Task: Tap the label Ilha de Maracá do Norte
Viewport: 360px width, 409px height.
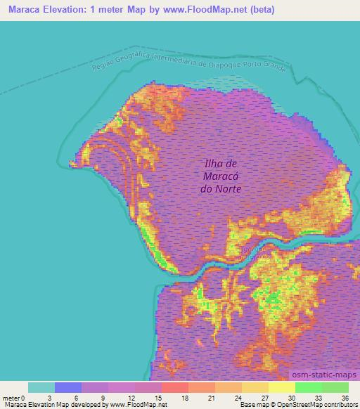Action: pyautogui.click(x=222, y=176)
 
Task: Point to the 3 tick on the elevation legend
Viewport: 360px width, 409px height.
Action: pyautogui.click(x=55, y=398)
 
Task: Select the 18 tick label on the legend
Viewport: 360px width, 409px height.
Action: pyautogui.click(x=188, y=398)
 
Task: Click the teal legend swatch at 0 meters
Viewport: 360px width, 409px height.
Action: pyautogui.click(x=41, y=387)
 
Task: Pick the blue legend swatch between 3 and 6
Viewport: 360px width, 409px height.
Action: pyautogui.click(x=68, y=387)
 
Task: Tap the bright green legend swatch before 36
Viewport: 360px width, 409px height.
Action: pyautogui.click(x=335, y=387)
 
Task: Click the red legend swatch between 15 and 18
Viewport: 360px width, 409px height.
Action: pyautogui.click(x=175, y=387)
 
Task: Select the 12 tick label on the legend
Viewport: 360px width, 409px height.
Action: pyautogui.click(x=135, y=398)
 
